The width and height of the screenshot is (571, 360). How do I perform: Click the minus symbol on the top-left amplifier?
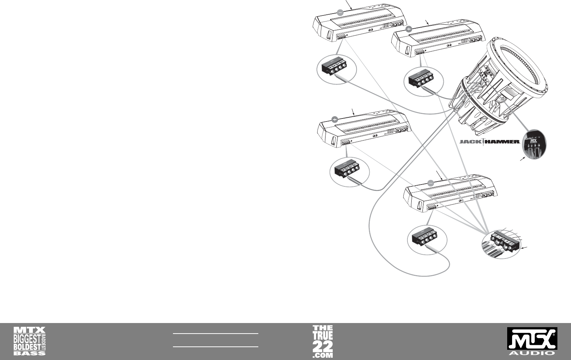340,12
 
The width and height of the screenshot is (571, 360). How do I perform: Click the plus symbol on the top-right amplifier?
408,29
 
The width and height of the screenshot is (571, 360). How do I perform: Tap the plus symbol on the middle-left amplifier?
335,119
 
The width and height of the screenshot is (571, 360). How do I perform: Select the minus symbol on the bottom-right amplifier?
431,183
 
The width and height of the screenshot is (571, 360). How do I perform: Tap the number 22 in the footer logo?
323,346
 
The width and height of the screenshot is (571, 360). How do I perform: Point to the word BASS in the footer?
29,353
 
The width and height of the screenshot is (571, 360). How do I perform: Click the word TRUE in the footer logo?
323,335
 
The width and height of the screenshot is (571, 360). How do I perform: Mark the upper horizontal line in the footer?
215,334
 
